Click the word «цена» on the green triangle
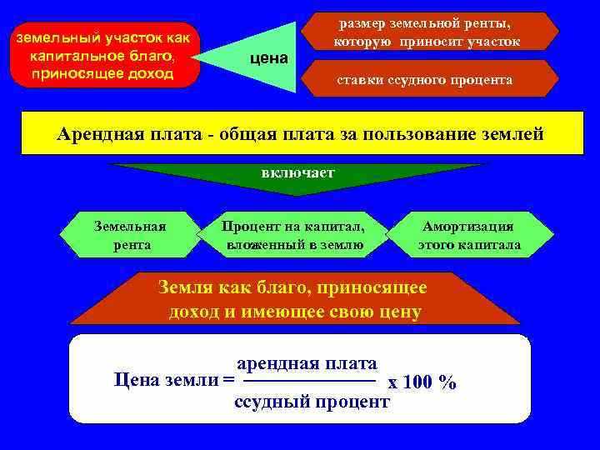268,58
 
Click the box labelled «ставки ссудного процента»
424,80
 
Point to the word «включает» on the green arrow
297,173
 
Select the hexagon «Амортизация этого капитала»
469,235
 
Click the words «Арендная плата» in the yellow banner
128,133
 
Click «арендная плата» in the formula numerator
307,364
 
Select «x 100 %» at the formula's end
422,382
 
